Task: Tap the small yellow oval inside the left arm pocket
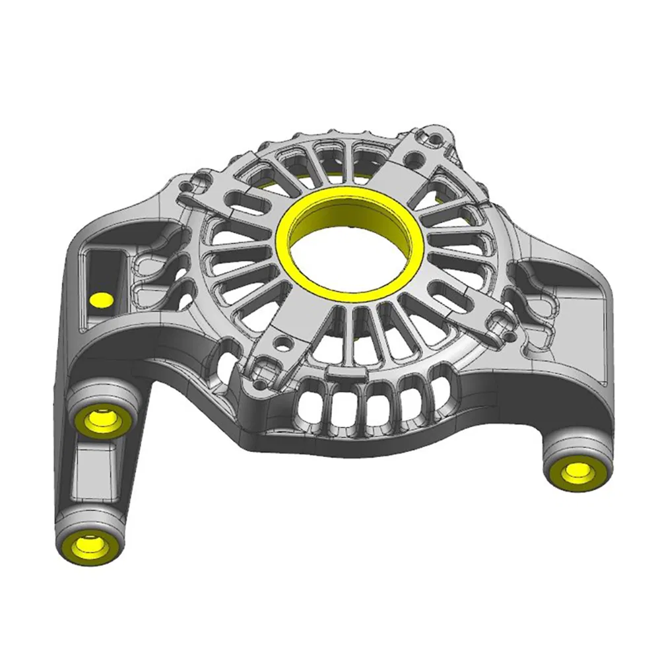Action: point(101,300)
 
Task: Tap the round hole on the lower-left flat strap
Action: point(282,343)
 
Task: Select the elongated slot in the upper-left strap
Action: point(238,196)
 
